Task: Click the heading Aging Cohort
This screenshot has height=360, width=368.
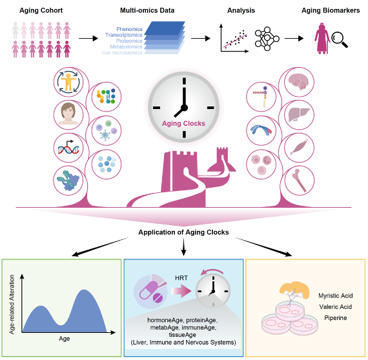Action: point(41,10)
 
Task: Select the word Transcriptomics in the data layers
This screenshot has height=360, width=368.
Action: point(124,35)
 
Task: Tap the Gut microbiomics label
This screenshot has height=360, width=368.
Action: point(122,52)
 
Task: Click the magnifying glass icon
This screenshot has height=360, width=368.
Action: point(340,39)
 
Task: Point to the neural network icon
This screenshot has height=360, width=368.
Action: point(267,39)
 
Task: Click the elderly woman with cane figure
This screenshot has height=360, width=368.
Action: point(322,39)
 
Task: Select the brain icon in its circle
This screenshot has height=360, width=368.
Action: point(299,82)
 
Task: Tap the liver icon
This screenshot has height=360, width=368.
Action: point(299,115)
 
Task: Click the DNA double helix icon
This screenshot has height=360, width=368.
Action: point(68,148)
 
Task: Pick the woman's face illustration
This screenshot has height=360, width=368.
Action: point(68,114)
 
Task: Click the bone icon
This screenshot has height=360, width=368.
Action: point(299,180)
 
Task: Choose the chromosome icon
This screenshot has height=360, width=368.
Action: point(261,130)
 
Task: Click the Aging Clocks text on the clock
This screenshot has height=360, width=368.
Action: point(183,124)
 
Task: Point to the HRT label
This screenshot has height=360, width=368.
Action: point(181,278)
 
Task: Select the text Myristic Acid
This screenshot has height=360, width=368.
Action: point(336,295)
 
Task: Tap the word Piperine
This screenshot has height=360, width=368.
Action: point(336,318)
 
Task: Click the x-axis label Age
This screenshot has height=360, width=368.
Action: point(65,339)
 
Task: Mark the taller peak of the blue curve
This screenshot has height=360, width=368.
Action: point(84,290)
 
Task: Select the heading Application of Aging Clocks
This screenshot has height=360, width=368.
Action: point(183,232)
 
